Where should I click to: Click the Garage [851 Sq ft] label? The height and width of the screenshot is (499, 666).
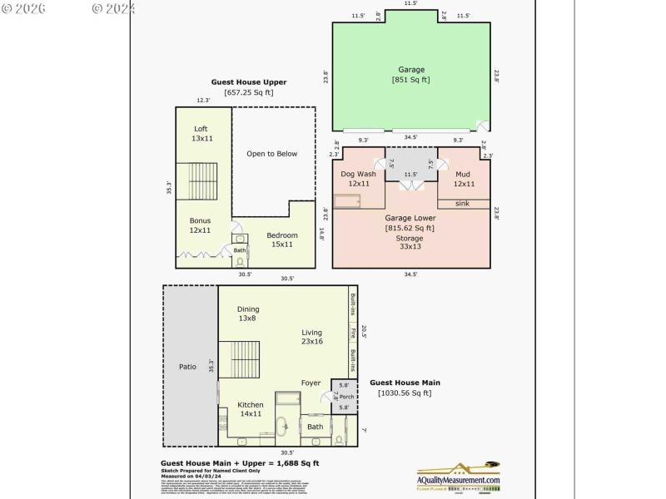[410, 75]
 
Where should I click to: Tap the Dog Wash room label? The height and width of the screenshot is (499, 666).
[359, 179]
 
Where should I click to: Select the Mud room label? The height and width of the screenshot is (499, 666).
[464, 179]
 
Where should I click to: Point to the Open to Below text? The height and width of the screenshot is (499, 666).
[271, 154]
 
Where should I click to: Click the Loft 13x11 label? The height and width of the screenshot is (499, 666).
[201, 134]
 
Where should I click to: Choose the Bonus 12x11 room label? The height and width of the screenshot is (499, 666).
[200, 225]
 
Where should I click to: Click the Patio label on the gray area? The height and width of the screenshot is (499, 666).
[188, 366]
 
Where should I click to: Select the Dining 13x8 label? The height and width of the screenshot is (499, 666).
[248, 314]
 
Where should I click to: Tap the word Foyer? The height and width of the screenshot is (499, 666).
[311, 383]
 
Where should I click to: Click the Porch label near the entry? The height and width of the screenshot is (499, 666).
[345, 396]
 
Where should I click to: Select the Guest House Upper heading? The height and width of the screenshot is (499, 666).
[249, 82]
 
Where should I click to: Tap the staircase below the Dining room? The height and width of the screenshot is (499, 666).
[245, 360]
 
